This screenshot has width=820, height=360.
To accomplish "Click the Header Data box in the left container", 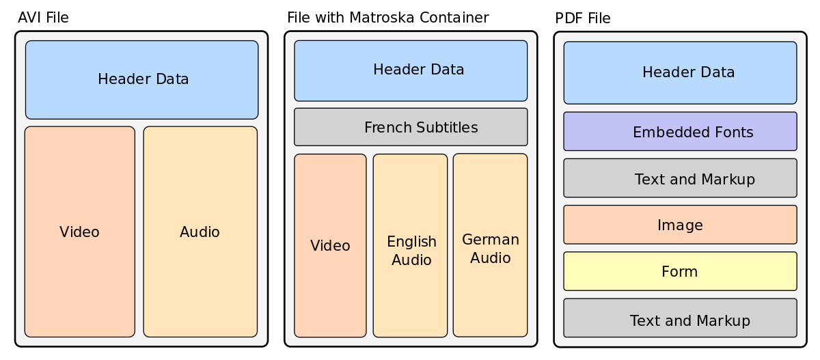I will tap(142, 80).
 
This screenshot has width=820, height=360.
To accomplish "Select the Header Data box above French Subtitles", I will tap(411, 70).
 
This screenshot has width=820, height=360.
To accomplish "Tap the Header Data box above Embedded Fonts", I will tap(680, 72).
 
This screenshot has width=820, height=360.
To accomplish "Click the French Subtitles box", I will tap(411, 127).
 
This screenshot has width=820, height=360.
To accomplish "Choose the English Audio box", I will tap(410, 246).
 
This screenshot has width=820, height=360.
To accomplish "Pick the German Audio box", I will tap(490, 245).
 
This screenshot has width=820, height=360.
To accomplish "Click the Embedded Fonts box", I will tap(680, 132).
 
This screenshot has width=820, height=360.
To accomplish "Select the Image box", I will tap(680, 225).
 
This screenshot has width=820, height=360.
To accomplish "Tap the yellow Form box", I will tap(680, 271).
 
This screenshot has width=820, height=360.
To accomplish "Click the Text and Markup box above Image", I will tap(680, 178).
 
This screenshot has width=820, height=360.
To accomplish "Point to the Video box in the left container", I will tap(79, 232).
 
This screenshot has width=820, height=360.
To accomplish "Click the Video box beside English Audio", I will tap(330, 246).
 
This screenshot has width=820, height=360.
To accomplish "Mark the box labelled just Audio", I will tap(200, 232).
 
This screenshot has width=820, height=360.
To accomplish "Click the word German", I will tap(491, 240).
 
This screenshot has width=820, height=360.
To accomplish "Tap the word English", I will tap(411, 242).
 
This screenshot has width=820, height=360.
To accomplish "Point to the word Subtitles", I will tap(446, 128).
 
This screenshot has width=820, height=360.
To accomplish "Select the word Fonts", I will tap(733, 133).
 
